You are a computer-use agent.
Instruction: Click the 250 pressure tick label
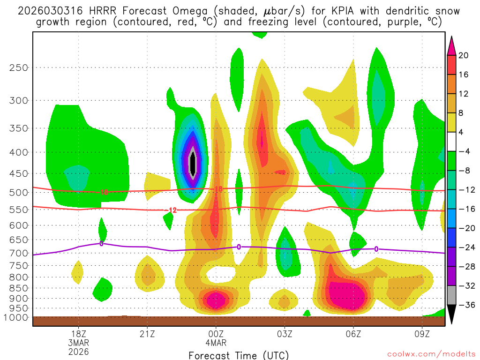[x=19, y=67]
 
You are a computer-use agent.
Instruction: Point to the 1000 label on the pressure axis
[x=17, y=318]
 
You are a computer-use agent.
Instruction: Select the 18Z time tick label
[x=78, y=334]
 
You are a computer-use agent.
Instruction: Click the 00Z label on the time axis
[x=216, y=334]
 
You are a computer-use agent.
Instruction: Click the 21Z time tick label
[x=147, y=334]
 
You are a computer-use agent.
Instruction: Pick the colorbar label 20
[x=464, y=55]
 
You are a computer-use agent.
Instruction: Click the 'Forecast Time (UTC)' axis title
[x=239, y=355]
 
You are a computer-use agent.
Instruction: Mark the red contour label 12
[x=172, y=210]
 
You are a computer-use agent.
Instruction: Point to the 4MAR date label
[x=216, y=343]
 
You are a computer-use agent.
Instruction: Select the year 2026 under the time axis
[x=78, y=351]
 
